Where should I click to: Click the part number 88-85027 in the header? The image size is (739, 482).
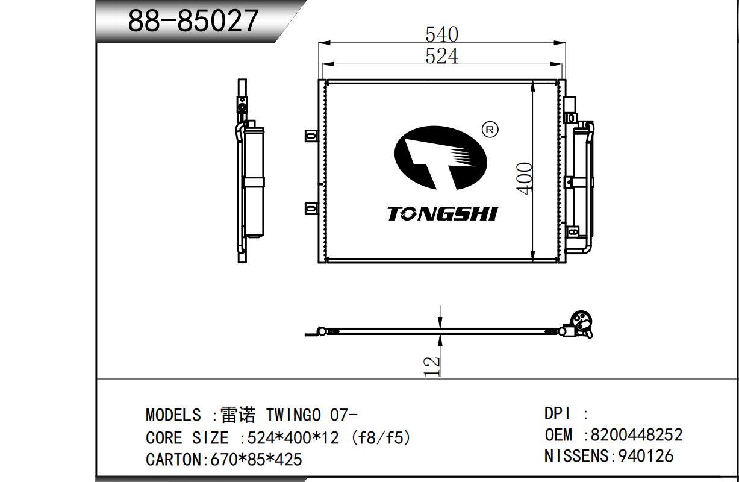click(193, 20)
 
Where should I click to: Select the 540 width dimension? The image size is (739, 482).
click(441, 34)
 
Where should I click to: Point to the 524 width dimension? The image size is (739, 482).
click(441, 56)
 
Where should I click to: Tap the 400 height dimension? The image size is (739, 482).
click(524, 178)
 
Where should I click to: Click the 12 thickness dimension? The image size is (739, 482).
click(431, 366)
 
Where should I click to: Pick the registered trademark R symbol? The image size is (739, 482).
click(490, 130)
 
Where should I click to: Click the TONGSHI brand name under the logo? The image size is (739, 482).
click(443, 214)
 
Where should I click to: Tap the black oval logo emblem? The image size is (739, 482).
click(440, 158)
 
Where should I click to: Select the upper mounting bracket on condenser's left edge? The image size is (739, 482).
click(311, 136)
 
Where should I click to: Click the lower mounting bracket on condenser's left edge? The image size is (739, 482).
click(311, 208)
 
